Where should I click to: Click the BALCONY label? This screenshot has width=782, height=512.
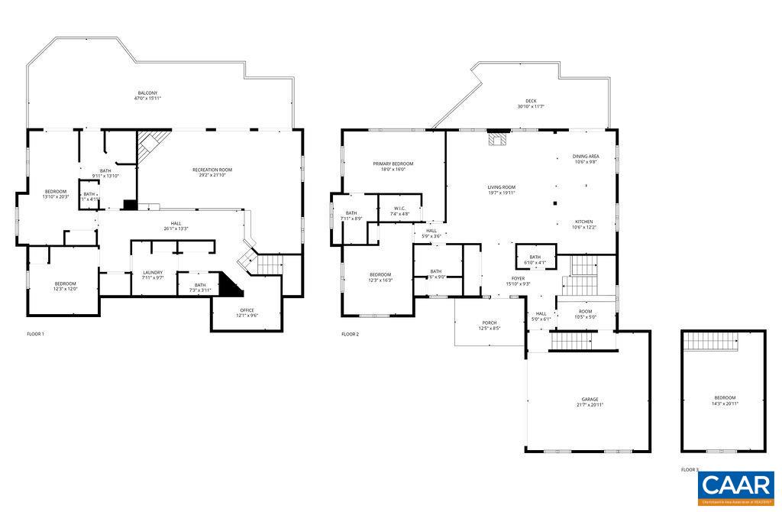click(147, 92)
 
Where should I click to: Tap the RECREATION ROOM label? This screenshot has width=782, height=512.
click(212, 170)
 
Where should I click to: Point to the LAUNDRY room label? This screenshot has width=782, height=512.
click(153, 273)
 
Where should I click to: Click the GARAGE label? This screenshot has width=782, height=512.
click(590, 399)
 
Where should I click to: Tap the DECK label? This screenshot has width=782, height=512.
click(530, 101)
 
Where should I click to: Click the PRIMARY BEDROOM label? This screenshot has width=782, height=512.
click(393, 164)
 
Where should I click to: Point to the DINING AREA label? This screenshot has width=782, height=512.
click(586, 156)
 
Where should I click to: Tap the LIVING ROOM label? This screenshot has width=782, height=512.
click(502, 187)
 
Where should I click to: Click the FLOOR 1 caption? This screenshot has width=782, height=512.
click(36, 334)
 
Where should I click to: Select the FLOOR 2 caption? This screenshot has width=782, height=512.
click(350, 334)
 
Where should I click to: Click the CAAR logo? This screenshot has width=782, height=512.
click(737, 487)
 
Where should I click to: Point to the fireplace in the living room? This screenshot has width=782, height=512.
click(498, 139)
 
